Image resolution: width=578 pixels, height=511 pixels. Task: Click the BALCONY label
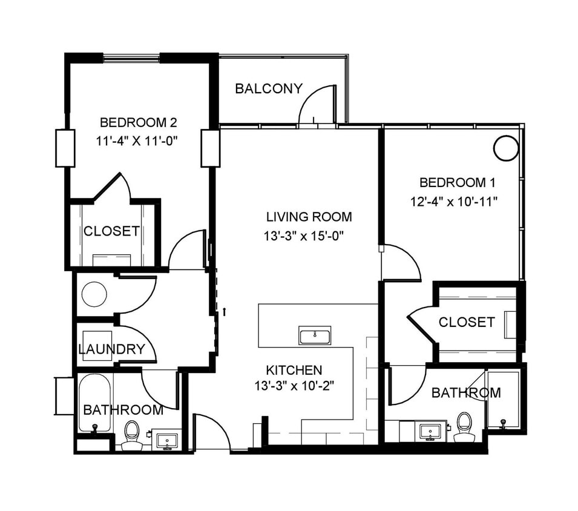(268, 89)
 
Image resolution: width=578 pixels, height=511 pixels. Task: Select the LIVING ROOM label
(309, 217)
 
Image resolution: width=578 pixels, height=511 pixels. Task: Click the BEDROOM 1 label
(453, 182)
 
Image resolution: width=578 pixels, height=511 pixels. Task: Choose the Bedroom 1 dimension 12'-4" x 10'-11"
(453, 201)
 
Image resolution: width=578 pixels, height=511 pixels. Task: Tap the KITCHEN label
(294, 370)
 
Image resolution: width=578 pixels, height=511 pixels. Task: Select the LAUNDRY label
(111, 349)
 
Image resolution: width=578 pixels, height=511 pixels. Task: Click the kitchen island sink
(315, 335)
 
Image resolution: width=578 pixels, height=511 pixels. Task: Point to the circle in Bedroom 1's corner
(506, 148)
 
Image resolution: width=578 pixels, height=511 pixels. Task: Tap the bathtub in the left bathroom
(94, 403)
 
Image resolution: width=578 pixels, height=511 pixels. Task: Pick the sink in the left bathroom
(165, 439)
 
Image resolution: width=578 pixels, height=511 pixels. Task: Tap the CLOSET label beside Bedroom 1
(467, 322)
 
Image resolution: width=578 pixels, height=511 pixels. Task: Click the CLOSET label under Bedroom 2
(111, 231)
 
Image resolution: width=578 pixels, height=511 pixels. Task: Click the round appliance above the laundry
(94, 294)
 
